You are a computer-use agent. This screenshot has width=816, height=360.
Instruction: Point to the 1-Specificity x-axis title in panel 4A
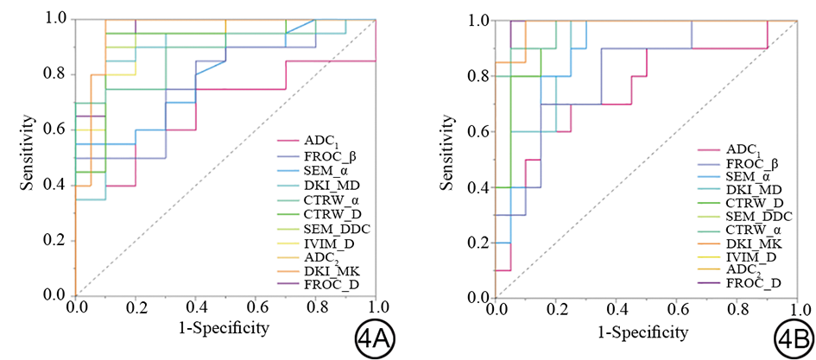tap(226, 329)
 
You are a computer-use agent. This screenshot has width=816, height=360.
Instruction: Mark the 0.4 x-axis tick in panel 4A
tap(196, 307)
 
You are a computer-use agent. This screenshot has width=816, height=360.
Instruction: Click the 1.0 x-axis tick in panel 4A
tap(376, 307)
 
